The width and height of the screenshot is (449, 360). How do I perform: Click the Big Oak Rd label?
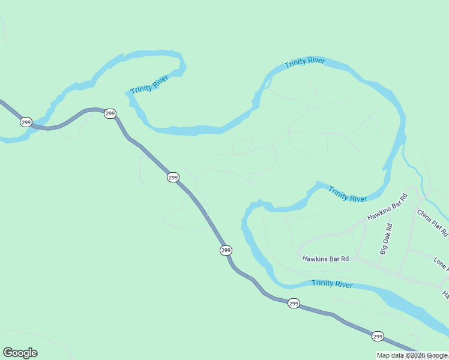[x=385, y=239]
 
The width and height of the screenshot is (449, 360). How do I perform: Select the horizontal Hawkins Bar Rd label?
[x=325, y=259]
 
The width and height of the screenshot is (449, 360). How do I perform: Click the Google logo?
[x=20, y=353]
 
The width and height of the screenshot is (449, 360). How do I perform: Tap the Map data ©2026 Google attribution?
[x=412, y=355]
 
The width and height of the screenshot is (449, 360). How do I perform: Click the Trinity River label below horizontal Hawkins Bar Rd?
[x=332, y=284]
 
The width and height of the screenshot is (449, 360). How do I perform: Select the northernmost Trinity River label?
[x=305, y=62]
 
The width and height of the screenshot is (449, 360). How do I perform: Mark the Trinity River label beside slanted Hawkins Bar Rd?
[x=348, y=194]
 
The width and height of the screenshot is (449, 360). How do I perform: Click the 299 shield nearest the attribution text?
[x=377, y=336]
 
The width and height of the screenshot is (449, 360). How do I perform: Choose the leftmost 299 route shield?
[x=25, y=122]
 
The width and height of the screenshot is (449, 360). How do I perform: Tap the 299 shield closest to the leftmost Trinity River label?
[x=110, y=113]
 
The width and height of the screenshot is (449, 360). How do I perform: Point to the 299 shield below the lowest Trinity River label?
[x=293, y=304]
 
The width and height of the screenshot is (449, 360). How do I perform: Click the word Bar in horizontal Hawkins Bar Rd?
[x=333, y=259]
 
